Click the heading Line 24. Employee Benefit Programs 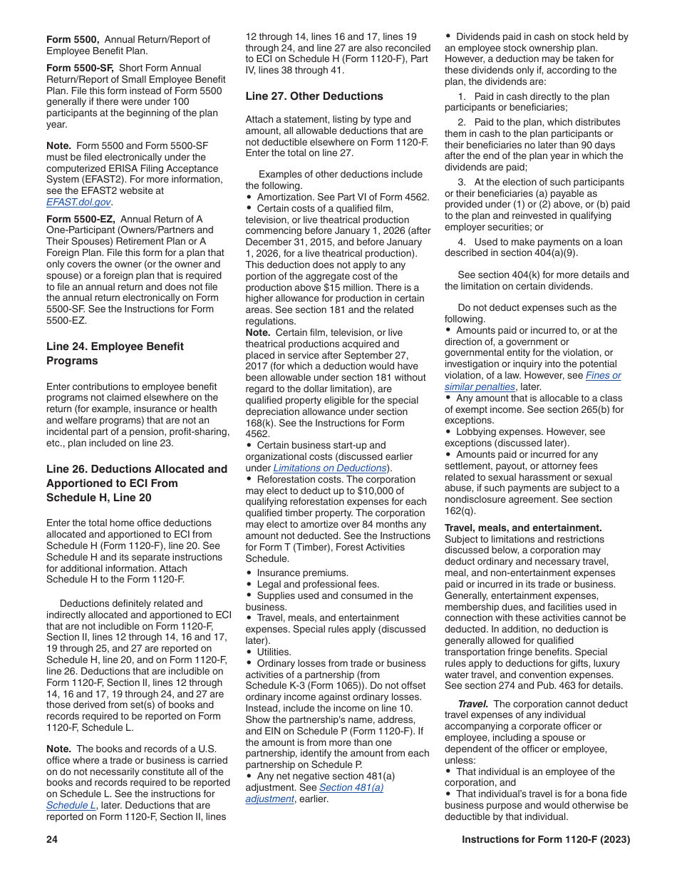[x=115, y=353]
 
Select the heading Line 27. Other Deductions [x=314, y=96]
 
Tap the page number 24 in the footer [x=52, y=839]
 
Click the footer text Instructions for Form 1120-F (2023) [x=545, y=839]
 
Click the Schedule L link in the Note [x=71, y=805]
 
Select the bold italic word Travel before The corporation [x=473, y=704]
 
